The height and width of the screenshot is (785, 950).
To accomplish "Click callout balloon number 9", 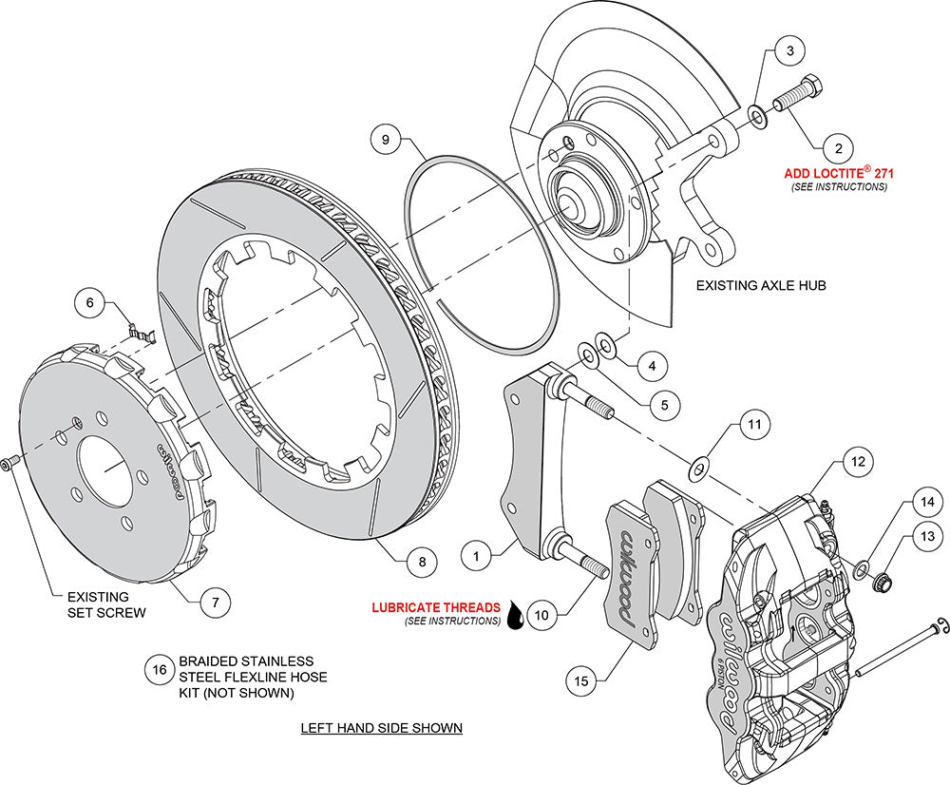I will pos(386,140).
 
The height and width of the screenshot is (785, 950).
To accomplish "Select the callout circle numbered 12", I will pos(857,462).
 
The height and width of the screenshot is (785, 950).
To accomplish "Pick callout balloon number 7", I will pos(216,600).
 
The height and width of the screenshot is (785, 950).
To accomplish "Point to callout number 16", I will pos(161,670).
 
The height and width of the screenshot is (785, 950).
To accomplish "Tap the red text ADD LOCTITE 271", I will pos(840,174).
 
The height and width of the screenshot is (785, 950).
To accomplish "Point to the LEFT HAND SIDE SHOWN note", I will pos(381,728).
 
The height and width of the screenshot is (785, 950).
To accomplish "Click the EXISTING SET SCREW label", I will pos(106,604).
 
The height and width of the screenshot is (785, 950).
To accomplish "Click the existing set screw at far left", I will pos(9,463).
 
